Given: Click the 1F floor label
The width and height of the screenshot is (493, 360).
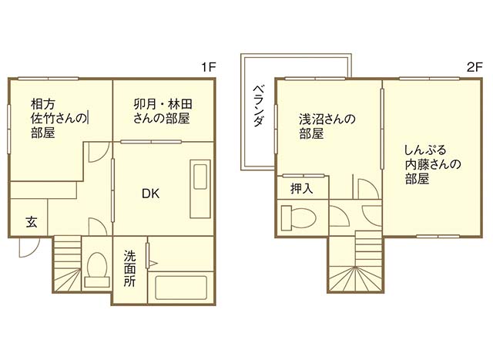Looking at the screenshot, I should [x=207, y=68].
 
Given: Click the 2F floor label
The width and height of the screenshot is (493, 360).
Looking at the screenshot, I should [x=474, y=68].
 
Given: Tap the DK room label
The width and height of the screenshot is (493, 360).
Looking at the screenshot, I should [x=150, y=194].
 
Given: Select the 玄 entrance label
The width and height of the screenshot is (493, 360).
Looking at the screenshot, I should [x=32, y=222].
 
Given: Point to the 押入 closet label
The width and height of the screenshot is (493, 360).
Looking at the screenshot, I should [x=301, y=188].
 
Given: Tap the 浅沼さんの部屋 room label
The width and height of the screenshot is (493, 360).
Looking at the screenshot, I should [x=327, y=126].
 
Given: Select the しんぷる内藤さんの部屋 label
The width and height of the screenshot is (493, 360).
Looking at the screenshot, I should [x=431, y=163].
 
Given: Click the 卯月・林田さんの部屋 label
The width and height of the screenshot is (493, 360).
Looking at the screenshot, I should [x=161, y=113].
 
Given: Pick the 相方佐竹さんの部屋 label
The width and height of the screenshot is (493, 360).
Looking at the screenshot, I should [x=59, y=118].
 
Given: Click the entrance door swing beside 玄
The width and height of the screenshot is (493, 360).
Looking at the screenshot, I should [x=26, y=247].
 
